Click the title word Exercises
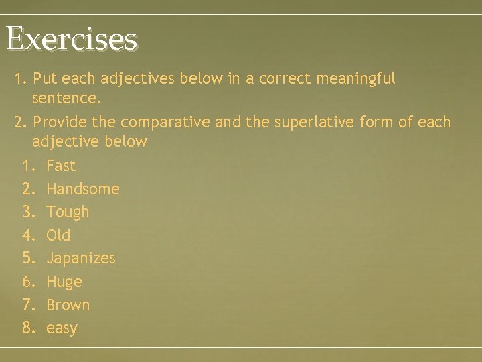pyautogui.click(x=72, y=39)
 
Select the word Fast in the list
pyautogui.click(x=61, y=166)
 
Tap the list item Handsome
pyautogui.click(x=83, y=189)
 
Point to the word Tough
pyautogui.click(x=68, y=213)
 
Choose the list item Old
pyautogui.click(x=58, y=235)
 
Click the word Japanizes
pyautogui.click(x=80, y=259)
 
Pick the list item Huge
pyautogui.click(x=64, y=282)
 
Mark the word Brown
pyautogui.click(x=68, y=305)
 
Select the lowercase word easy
pyautogui.click(x=62, y=328)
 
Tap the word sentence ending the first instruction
pyautogui.click(x=66, y=100)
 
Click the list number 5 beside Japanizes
pyautogui.click(x=28, y=259)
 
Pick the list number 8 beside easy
pyautogui.click(x=28, y=328)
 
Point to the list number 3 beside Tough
pyautogui.click(x=28, y=213)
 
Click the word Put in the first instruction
pyautogui.click(x=44, y=79)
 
